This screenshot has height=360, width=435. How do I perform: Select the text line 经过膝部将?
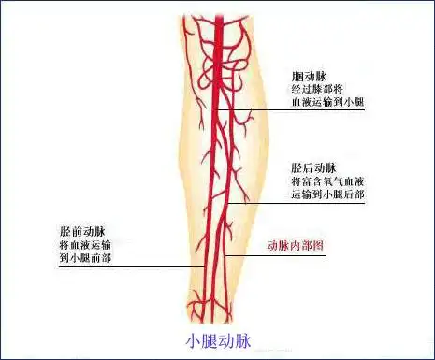point(319,89)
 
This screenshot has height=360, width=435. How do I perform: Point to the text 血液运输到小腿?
point(327,102)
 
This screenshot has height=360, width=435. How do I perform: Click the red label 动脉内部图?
point(295,246)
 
